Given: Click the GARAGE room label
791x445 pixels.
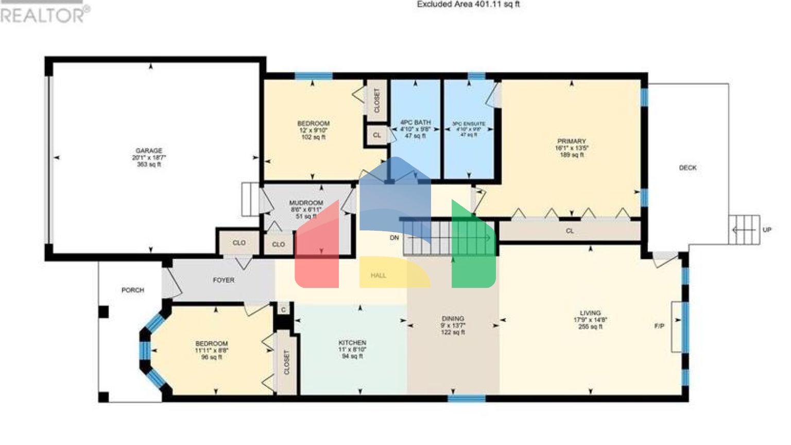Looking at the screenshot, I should (149, 151).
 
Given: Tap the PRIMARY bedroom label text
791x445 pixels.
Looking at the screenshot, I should (571, 141).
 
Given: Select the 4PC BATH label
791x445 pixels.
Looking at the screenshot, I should (415, 123).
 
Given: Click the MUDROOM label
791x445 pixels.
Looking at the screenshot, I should (306, 203).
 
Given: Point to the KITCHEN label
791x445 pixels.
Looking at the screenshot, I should (352, 343).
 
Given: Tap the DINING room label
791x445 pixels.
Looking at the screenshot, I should (453, 319).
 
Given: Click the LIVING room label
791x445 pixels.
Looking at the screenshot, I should (590, 313).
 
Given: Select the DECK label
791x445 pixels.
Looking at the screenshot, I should (687, 168).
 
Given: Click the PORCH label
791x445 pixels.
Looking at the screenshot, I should (132, 290).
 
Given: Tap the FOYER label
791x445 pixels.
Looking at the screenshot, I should (223, 280).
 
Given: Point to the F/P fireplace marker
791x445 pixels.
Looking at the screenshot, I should (659, 326).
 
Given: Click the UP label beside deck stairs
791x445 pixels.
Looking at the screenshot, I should (767, 230).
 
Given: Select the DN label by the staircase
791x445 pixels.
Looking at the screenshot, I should (394, 238).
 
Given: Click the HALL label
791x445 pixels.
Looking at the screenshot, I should (378, 276).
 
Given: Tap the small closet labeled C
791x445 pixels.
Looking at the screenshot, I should (283, 310).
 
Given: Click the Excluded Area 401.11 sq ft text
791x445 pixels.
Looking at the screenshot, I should (468, 5).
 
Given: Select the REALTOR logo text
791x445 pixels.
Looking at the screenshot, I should (44, 15).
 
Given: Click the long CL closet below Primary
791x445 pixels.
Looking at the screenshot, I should (570, 231).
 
